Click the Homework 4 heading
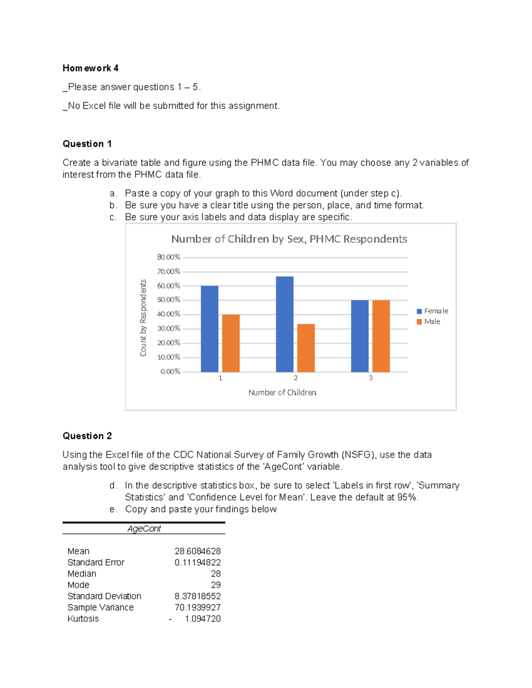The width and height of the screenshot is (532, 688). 90,68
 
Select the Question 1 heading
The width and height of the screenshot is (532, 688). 87,144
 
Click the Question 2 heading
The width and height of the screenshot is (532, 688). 87,436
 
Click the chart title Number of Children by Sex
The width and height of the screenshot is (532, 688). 289,239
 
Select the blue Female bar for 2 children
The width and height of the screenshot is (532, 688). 285,324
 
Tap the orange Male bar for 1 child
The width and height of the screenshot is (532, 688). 231,343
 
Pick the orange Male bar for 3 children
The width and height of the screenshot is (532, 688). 381,336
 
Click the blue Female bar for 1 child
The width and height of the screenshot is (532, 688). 209,329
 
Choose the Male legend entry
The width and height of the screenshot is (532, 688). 428,322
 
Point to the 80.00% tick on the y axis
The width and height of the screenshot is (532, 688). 168,257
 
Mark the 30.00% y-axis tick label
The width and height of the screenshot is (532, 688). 168,329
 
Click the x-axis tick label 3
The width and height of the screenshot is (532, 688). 371,378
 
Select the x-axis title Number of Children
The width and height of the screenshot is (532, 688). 282,393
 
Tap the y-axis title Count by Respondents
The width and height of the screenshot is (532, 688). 143,318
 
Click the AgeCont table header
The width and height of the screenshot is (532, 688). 144,529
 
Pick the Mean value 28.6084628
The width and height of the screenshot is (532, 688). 197,551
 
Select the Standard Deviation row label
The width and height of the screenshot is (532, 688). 104,596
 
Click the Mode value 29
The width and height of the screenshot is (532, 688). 215,585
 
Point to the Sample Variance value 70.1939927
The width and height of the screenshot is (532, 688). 197,607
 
